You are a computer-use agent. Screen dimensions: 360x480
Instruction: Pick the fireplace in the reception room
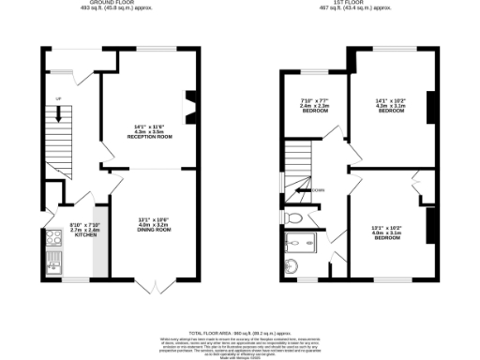pyautogui.click(x=190, y=107)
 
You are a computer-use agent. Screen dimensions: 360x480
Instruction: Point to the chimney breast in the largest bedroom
pyautogui.click(x=431, y=108)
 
